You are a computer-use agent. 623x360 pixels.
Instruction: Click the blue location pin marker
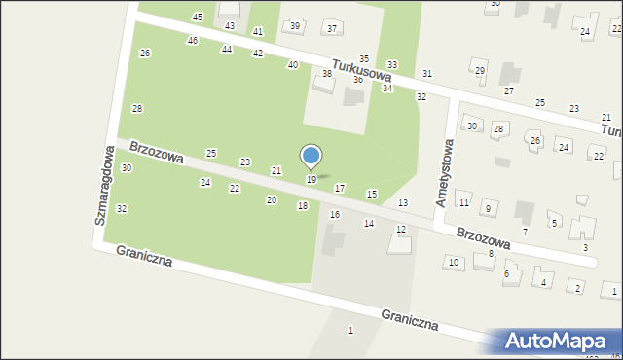coord(311,157)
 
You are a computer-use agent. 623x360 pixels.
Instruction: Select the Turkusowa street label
coord(361,69)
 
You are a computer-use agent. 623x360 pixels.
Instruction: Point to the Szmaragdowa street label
coord(102,186)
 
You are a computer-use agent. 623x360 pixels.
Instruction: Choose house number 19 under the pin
coord(311,179)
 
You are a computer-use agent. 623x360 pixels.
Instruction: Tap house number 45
coord(198,18)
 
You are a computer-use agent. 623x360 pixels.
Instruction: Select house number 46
coord(193,40)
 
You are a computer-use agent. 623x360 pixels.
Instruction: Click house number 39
coord(295,25)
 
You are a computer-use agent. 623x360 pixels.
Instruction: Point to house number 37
coord(332,28)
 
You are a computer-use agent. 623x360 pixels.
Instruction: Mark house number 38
coord(327,74)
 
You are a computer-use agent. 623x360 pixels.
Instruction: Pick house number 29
coord(479,71)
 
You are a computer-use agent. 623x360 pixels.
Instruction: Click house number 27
coord(508,90)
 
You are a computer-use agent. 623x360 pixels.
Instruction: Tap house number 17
coord(340,188)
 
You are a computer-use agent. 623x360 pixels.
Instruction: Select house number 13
coord(403,202)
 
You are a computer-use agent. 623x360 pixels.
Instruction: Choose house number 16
coord(335,214)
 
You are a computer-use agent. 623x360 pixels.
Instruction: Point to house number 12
coord(401,229)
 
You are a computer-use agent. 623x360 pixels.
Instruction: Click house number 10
coord(453,262)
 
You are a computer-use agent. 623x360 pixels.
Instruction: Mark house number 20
coord(272,199)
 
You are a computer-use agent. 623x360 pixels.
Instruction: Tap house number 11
coord(464,202)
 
